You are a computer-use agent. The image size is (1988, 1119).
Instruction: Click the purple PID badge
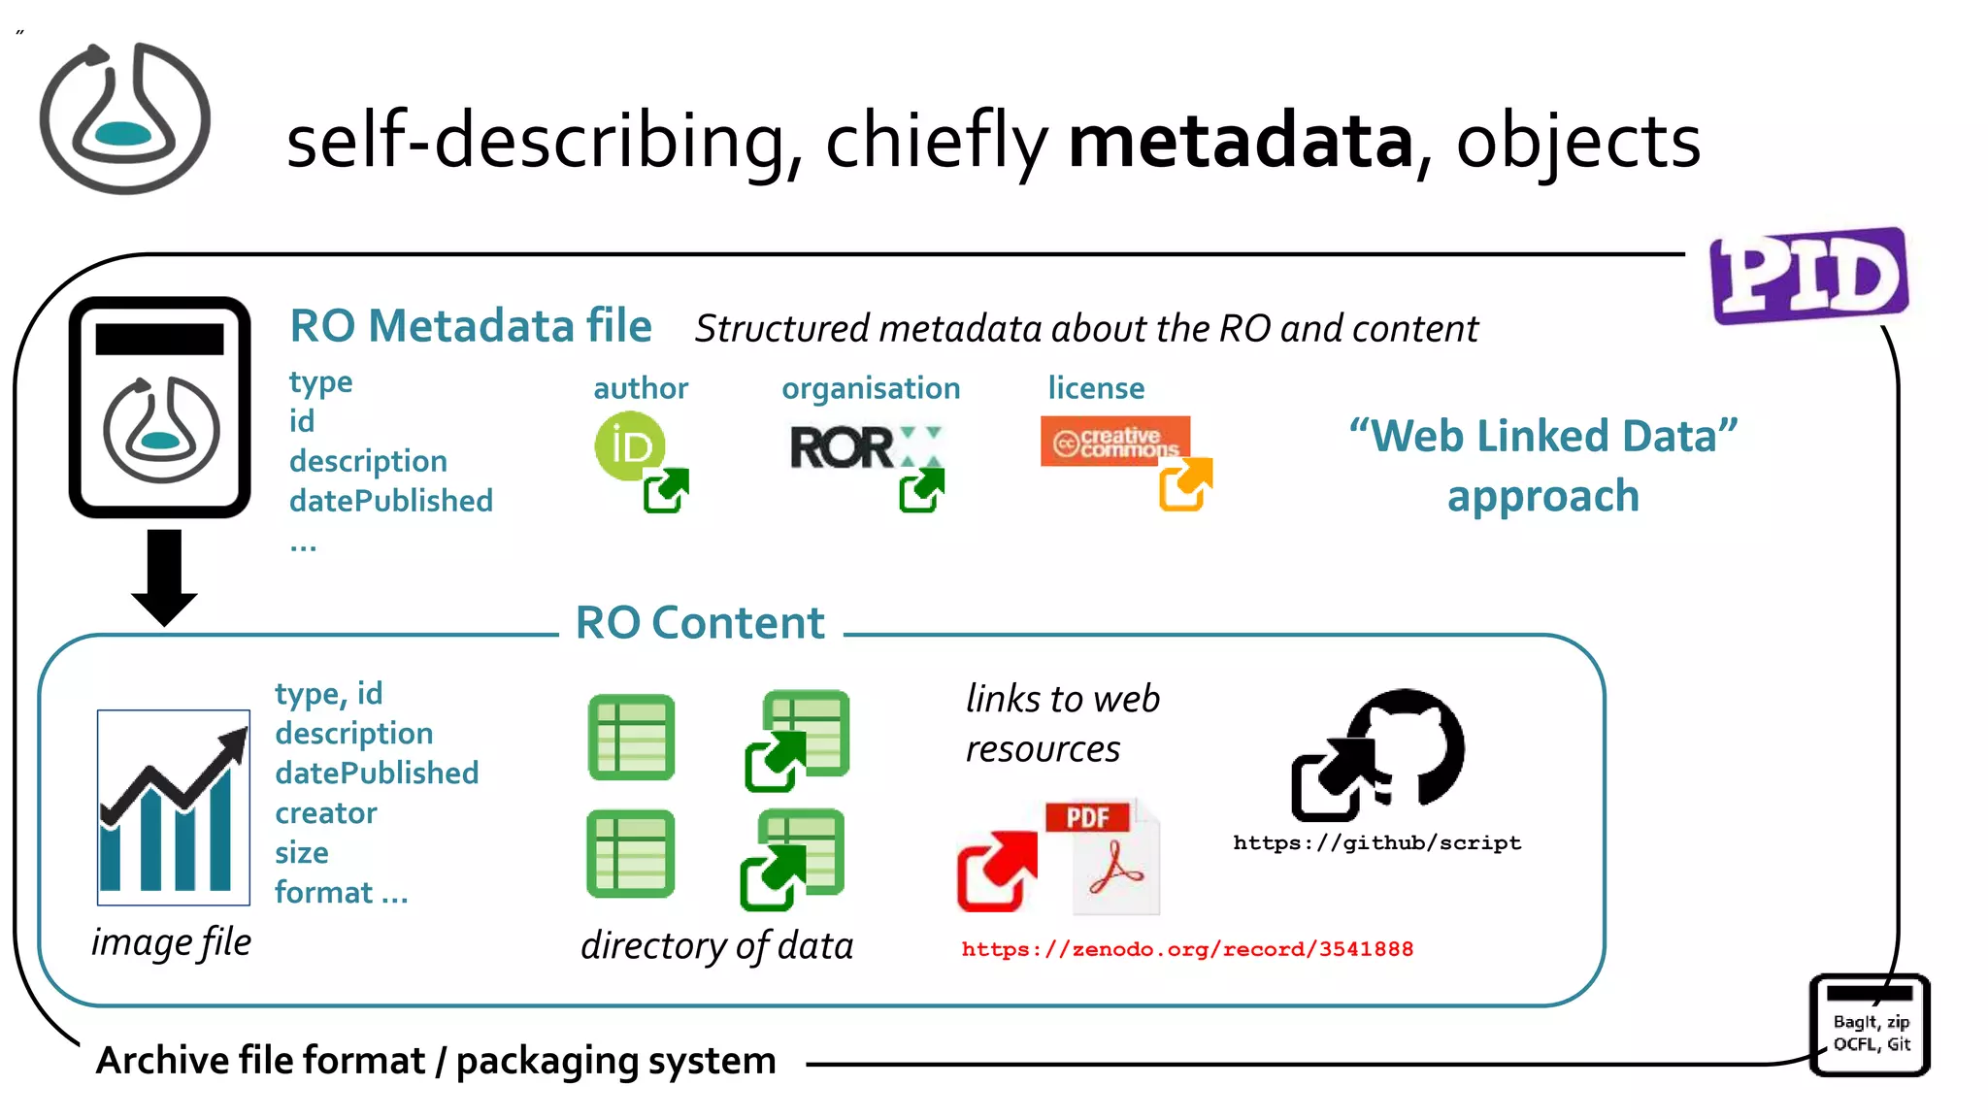1809,276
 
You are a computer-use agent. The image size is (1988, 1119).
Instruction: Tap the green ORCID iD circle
630,445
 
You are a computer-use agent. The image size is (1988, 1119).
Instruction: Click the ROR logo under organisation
843,448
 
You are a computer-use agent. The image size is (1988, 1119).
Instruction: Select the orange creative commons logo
1114,442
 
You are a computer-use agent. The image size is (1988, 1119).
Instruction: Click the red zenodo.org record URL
1186,949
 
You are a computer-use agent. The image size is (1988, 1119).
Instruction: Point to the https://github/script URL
1376,842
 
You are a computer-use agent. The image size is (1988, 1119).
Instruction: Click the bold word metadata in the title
1241,141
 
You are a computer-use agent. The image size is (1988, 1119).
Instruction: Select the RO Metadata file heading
471,326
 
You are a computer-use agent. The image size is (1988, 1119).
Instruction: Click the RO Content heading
700,622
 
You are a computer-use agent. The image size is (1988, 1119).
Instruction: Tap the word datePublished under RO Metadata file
391,501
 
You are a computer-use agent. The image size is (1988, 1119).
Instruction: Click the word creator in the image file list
326,813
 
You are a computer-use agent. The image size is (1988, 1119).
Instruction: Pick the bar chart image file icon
174,807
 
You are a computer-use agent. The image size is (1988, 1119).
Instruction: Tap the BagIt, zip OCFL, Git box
1871,1027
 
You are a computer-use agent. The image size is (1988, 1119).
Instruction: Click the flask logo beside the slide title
124,118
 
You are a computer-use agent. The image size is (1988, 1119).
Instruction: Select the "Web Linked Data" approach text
1543,466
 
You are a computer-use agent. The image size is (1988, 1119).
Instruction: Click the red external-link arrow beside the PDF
995,871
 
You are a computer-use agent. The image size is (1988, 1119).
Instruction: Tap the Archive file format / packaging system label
436,1060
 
